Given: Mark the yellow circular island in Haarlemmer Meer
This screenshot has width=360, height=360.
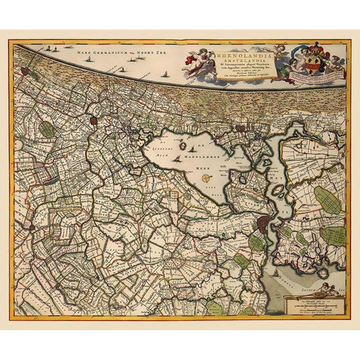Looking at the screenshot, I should (205, 178).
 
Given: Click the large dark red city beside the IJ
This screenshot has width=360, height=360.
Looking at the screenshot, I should (263, 223).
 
